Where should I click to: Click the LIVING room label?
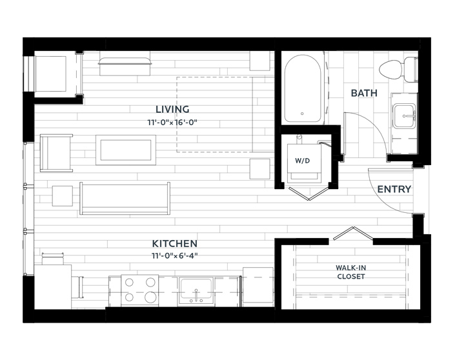click(172, 110)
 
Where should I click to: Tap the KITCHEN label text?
click(174, 243)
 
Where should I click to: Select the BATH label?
click(364, 93)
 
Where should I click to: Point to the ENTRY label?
click(394, 189)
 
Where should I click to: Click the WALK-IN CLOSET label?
click(351, 272)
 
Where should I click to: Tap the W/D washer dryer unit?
click(304, 161)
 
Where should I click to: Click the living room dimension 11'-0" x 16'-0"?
click(172, 123)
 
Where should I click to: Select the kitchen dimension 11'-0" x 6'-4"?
click(174, 256)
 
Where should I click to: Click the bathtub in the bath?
click(303, 88)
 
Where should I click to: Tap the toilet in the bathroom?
click(398, 70)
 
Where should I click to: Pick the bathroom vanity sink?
click(404, 116)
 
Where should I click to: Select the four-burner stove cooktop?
click(140, 290)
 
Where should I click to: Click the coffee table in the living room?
click(126, 150)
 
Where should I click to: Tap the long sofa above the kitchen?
click(125, 199)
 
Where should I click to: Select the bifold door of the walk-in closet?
click(353, 233)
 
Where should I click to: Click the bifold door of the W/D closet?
click(309, 194)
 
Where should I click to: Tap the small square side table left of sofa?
click(63, 196)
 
